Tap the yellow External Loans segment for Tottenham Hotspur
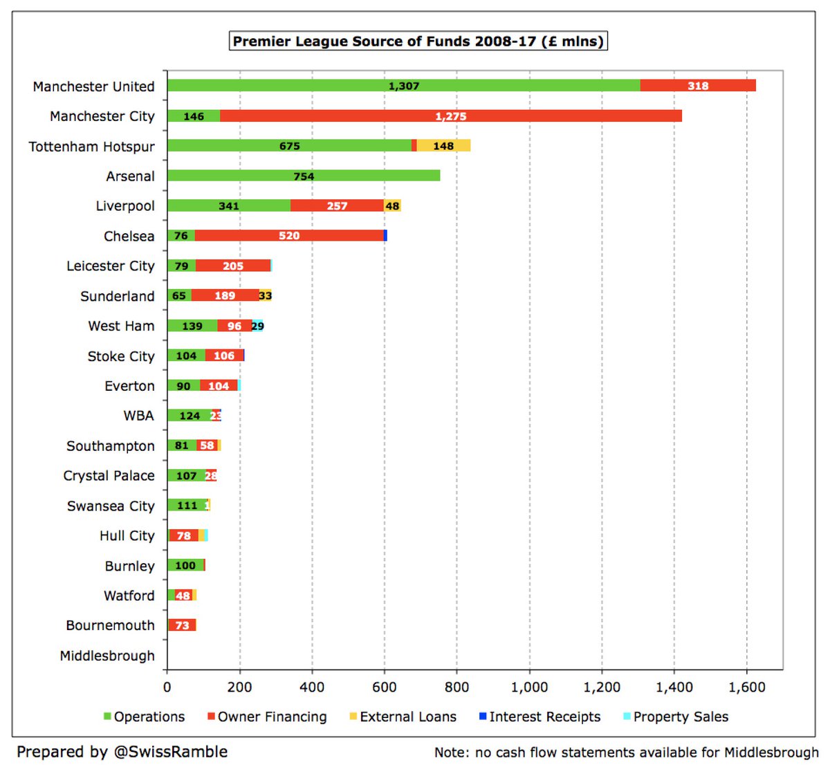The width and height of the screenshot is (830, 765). (x=443, y=146)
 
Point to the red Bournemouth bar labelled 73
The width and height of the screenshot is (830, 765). (x=183, y=625)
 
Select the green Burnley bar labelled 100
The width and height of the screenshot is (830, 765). (x=185, y=566)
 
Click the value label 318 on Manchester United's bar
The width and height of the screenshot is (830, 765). (x=698, y=86)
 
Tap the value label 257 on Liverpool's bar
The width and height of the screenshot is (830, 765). (x=337, y=206)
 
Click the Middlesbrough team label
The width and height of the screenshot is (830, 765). (x=107, y=656)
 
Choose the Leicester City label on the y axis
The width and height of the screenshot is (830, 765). (x=111, y=266)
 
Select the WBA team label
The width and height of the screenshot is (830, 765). (x=138, y=416)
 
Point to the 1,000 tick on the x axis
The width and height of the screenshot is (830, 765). (x=529, y=688)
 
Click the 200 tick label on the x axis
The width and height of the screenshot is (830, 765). (x=239, y=688)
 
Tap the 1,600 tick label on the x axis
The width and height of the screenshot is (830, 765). (x=747, y=688)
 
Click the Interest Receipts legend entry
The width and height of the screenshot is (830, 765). (x=544, y=717)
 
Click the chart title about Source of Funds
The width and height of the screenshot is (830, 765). (x=418, y=42)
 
